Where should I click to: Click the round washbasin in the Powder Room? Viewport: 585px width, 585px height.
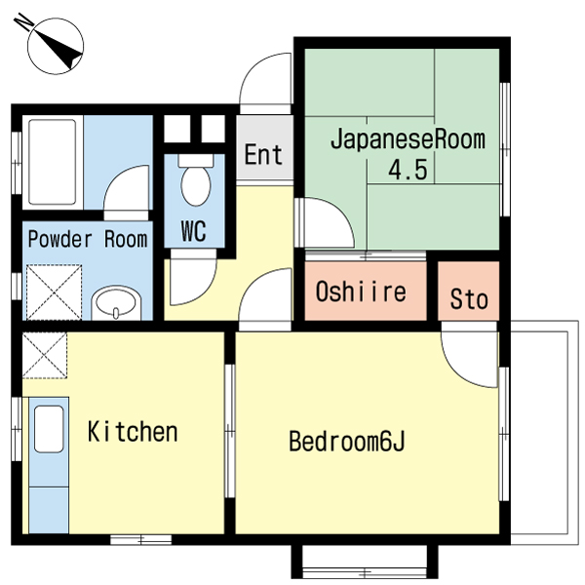(x=117, y=306)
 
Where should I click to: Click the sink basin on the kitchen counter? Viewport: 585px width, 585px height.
(x=49, y=430)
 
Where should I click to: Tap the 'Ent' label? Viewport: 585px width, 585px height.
(x=263, y=155)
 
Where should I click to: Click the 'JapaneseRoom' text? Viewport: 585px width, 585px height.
(x=407, y=139)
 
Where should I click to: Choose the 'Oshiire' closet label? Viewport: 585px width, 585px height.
(x=360, y=292)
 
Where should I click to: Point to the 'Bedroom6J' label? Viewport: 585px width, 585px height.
(x=346, y=442)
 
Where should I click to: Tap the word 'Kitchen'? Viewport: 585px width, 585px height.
(x=133, y=431)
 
